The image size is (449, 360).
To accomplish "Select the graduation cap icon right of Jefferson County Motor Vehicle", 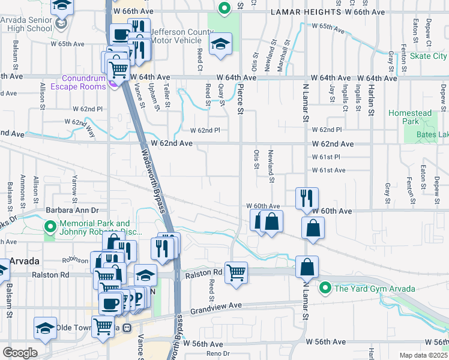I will click(x=220, y=44).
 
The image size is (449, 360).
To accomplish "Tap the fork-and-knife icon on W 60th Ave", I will click(x=307, y=198).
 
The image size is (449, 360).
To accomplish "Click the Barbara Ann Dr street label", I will click(x=71, y=211).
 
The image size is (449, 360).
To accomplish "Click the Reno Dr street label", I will click(x=218, y=353).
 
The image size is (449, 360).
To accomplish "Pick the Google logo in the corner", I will click(x=20, y=353).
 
